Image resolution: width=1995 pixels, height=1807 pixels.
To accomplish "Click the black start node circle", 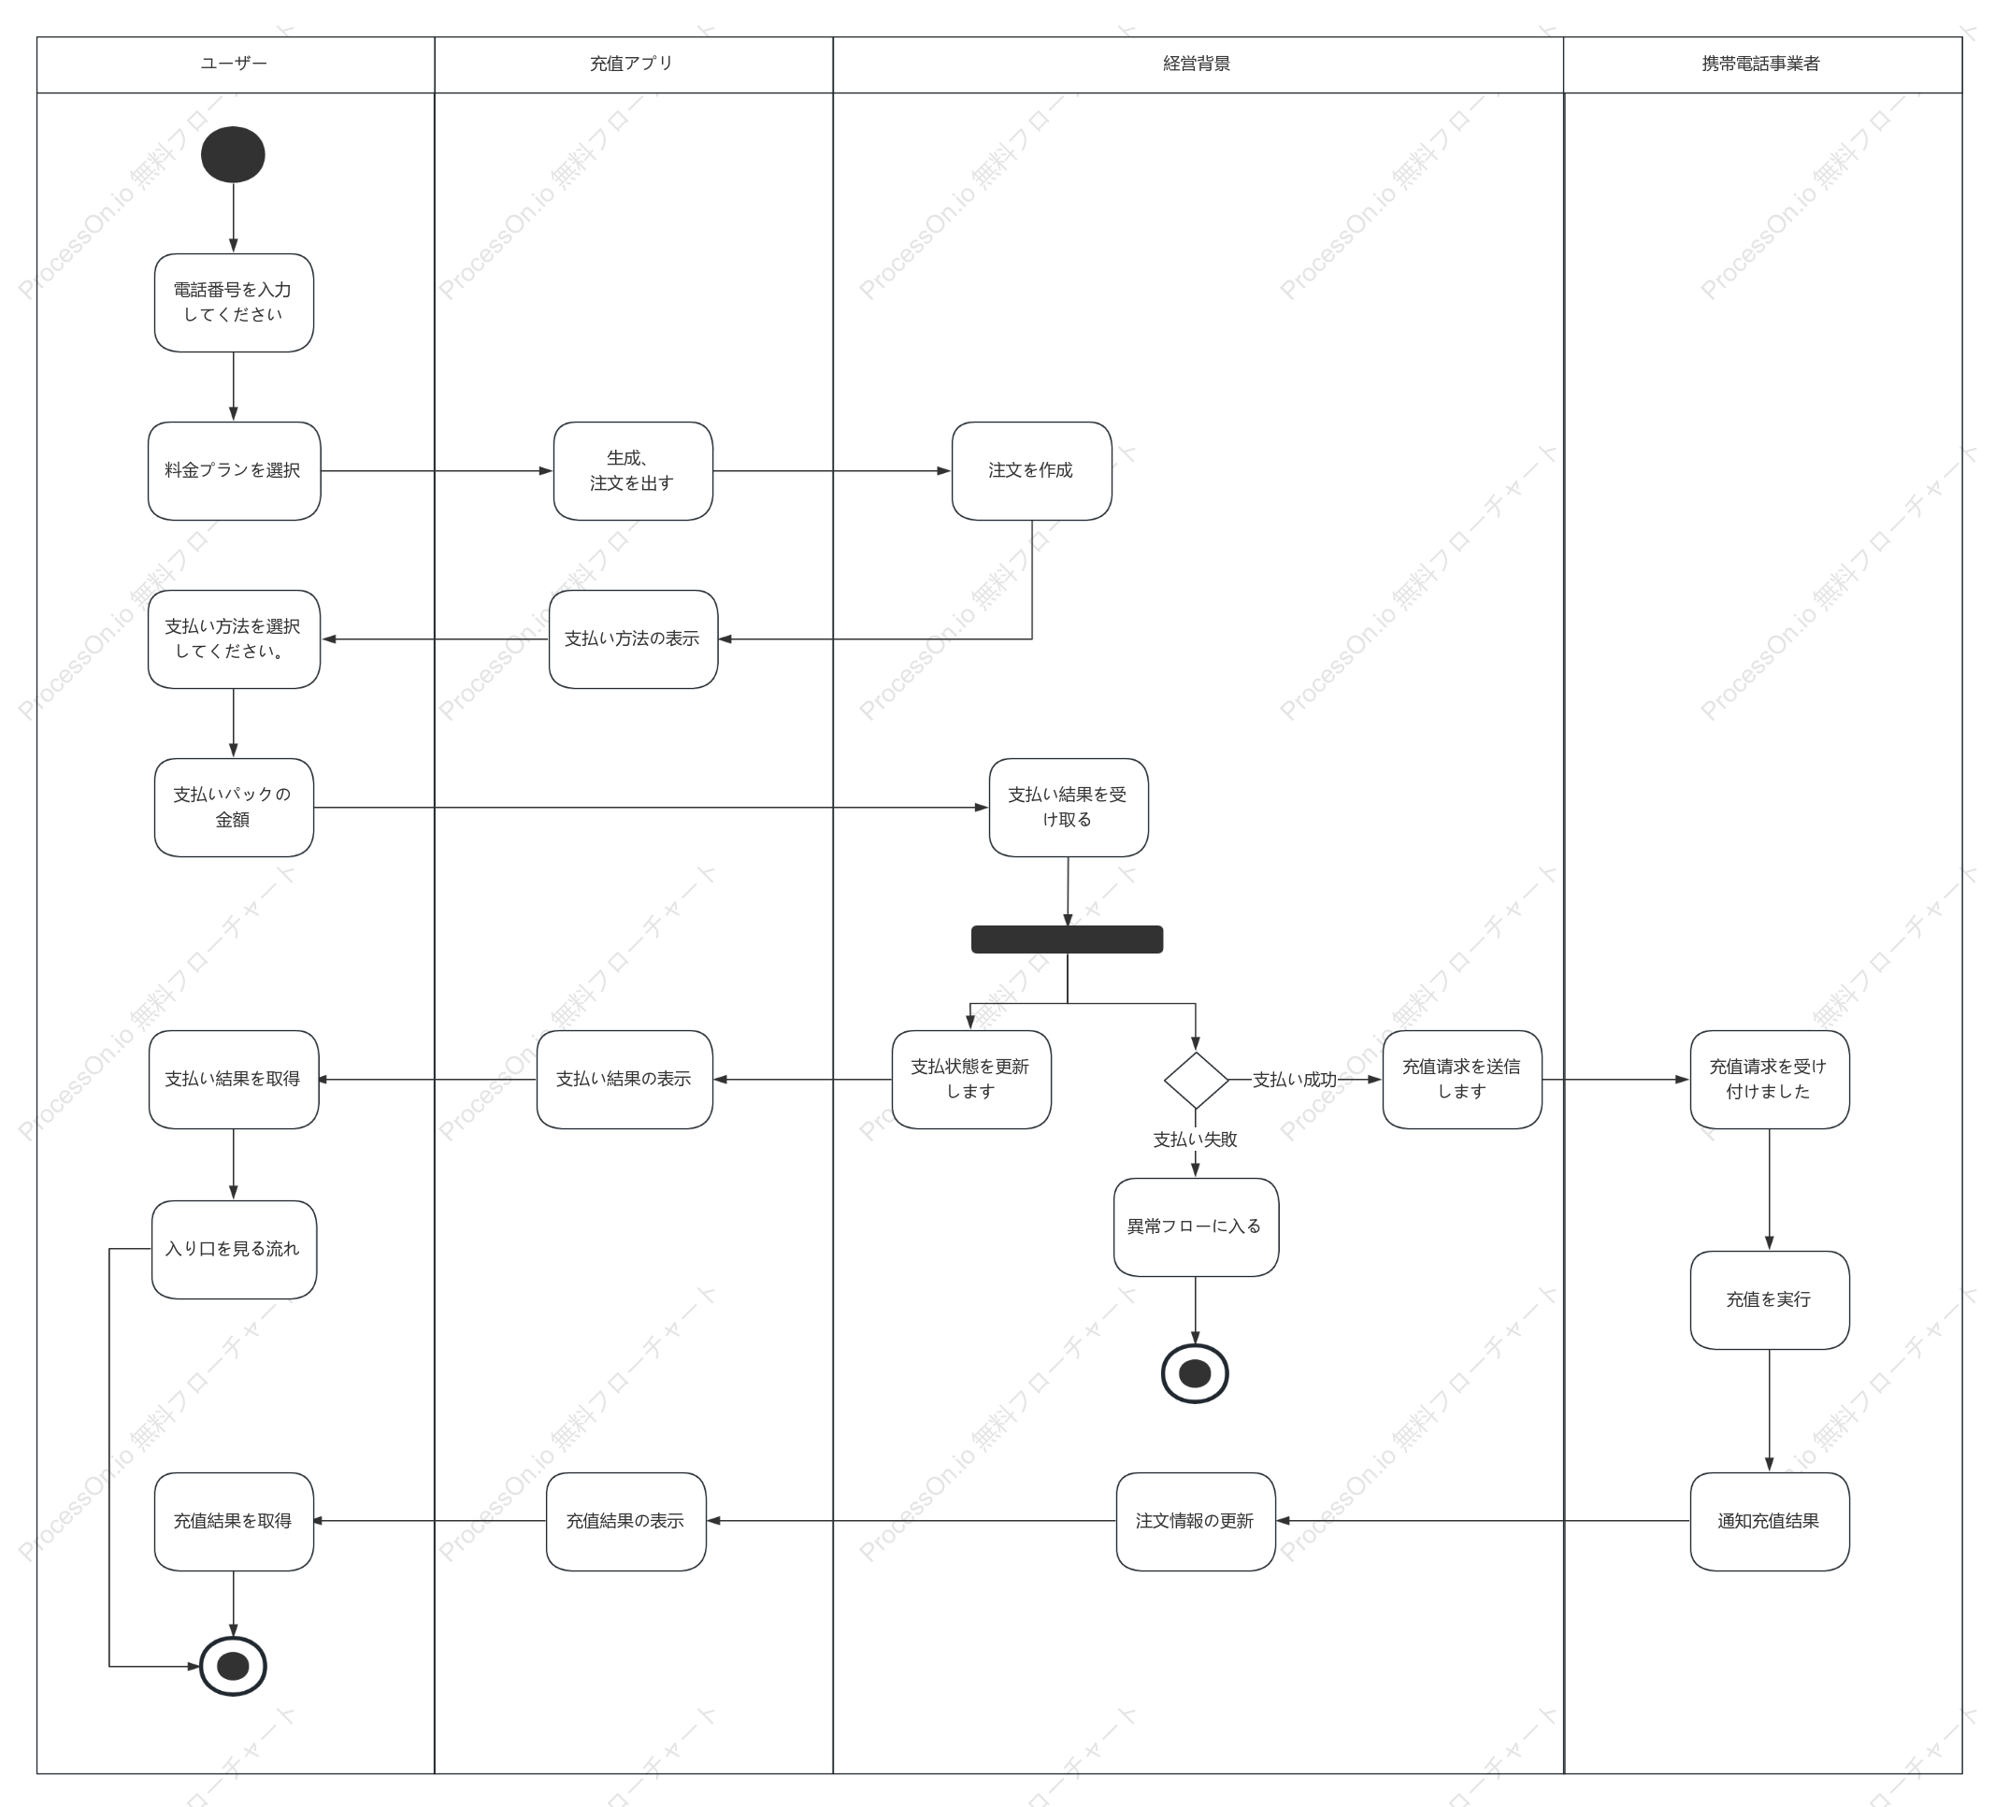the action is tap(233, 154).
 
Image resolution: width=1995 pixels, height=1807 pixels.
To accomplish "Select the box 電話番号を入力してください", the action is tap(234, 303).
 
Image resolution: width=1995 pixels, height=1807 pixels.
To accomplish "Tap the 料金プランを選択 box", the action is tap(235, 471).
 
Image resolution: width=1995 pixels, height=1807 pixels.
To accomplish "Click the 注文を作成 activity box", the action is tap(1031, 471).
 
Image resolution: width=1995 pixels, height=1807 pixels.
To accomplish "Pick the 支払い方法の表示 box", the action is tap(633, 639).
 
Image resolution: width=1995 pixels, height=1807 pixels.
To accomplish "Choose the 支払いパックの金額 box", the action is tap(234, 808).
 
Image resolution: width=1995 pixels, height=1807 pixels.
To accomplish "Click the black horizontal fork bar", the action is tap(1067, 939).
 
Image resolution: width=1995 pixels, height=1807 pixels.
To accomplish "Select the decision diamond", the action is tap(1196, 1080).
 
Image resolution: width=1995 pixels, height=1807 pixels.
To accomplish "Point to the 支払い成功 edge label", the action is tap(1295, 1080).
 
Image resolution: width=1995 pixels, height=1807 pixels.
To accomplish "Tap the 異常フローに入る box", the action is tap(1196, 1227).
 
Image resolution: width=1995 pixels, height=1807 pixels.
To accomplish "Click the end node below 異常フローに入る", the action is tap(1196, 1373).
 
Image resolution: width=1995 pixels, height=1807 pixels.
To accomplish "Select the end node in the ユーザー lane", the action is tap(233, 1667).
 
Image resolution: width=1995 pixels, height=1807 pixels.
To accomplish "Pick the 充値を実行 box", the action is tap(1770, 1300).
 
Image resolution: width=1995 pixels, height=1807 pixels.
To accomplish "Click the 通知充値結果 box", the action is tap(1770, 1522).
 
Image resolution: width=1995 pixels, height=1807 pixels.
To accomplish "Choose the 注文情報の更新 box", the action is tap(1196, 1522).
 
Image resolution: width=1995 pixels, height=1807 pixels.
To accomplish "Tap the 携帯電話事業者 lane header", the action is tap(1762, 65).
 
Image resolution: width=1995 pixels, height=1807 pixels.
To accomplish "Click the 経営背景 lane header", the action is tap(1198, 65).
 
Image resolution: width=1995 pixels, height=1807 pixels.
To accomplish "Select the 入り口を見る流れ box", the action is tap(234, 1250).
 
